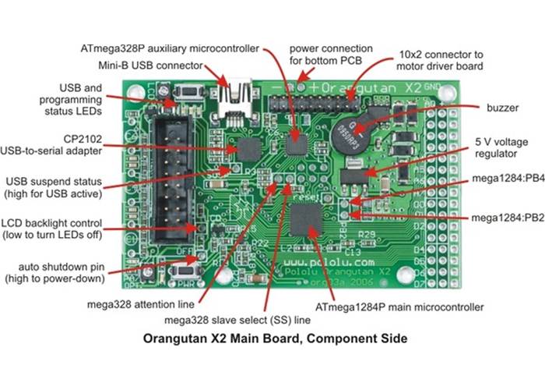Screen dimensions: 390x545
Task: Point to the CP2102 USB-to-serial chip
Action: coord(250,149)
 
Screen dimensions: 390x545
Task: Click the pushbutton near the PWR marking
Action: coord(185,271)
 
